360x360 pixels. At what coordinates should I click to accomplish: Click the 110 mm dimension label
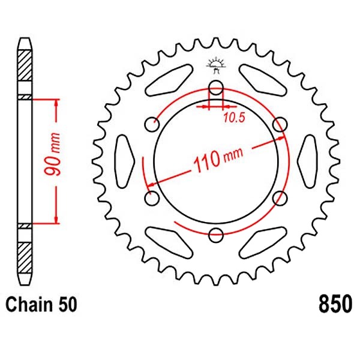pyautogui.click(x=218, y=160)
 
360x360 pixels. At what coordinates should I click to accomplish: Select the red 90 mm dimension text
pyautogui.click(x=53, y=154)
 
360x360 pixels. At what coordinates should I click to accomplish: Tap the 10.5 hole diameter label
pyautogui.click(x=234, y=118)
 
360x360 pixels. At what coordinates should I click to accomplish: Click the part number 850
pyautogui.click(x=335, y=304)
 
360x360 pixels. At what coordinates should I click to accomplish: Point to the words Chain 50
pyautogui.click(x=41, y=304)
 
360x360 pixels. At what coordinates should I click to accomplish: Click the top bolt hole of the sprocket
pyautogui.click(x=216, y=88)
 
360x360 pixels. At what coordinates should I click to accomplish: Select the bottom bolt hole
pyautogui.click(x=216, y=235)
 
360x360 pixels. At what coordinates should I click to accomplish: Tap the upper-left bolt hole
pyautogui.click(x=152, y=124)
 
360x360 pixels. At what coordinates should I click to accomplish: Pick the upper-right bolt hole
pyautogui.click(x=280, y=124)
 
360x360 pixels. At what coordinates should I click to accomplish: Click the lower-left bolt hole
pyautogui.click(x=152, y=198)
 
